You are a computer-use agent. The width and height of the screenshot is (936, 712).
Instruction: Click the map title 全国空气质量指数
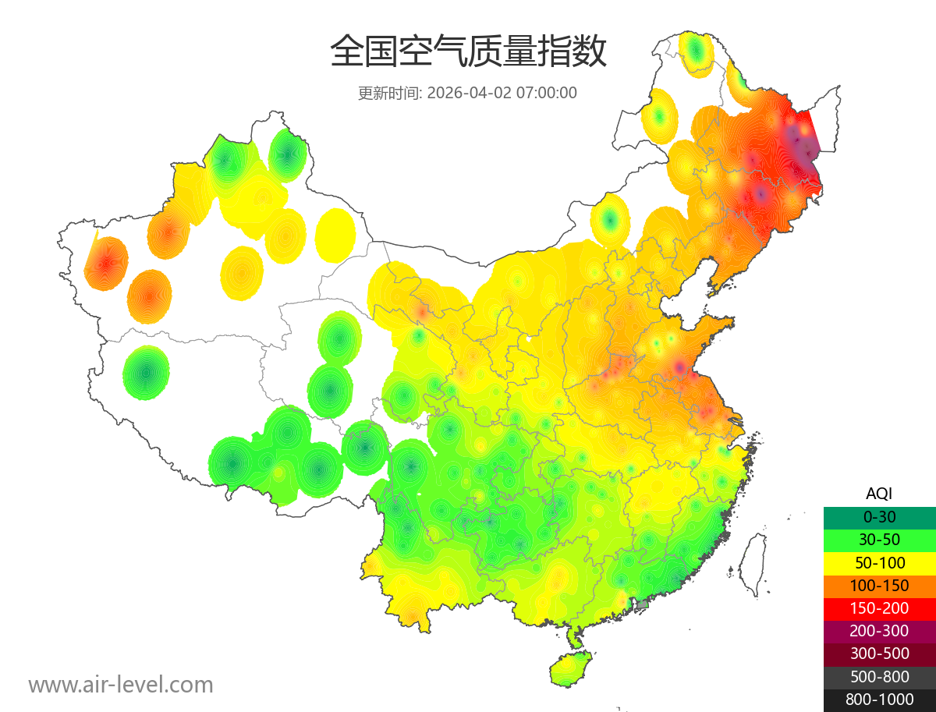pyautogui.click(x=468, y=52)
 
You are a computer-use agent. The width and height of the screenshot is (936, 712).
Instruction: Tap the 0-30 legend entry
pyautogui.click(x=879, y=516)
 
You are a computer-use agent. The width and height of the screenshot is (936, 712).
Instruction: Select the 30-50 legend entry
pyautogui.click(x=879, y=539)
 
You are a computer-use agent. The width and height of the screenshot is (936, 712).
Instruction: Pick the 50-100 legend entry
pyautogui.click(x=879, y=562)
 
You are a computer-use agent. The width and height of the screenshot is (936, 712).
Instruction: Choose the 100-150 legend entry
pyautogui.click(x=879, y=585)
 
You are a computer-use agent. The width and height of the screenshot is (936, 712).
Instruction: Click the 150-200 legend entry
pyautogui.click(x=879, y=608)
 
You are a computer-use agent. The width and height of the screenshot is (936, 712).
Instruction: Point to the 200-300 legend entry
pyautogui.click(x=879, y=630)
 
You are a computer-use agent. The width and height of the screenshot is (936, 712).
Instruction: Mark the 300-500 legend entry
pyautogui.click(x=879, y=654)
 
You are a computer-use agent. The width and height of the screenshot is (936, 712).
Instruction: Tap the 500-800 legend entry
pyautogui.click(x=879, y=676)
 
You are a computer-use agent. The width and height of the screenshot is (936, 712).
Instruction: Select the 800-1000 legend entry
pyautogui.click(x=879, y=700)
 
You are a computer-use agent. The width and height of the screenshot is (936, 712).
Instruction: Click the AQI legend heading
pyautogui.click(x=879, y=493)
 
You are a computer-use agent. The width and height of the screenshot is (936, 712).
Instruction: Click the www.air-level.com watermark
pyautogui.click(x=121, y=685)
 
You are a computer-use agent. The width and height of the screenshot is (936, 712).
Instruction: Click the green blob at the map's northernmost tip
pyautogui.click(x=696, y=53)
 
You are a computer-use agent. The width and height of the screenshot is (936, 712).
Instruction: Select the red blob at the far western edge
pyautogui.click(x=106, y=263)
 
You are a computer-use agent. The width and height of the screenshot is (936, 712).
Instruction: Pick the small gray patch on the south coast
pyautogui.click(x=643, y=604)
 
